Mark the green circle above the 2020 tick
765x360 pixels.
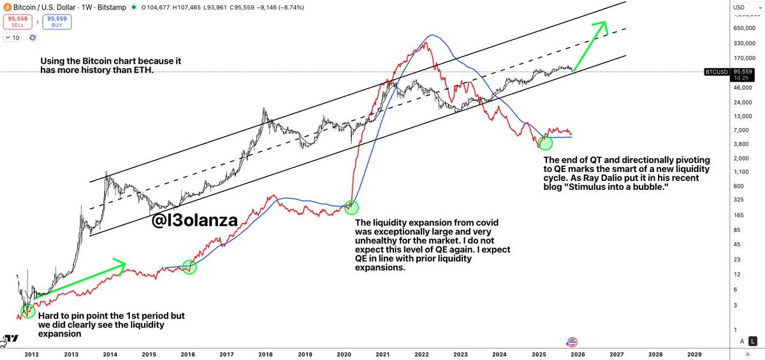pos(351,206)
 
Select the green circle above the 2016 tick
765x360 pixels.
pos(190,268)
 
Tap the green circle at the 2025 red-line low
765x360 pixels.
pos(545,143)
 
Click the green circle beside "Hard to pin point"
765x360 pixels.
pos(27,310)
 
